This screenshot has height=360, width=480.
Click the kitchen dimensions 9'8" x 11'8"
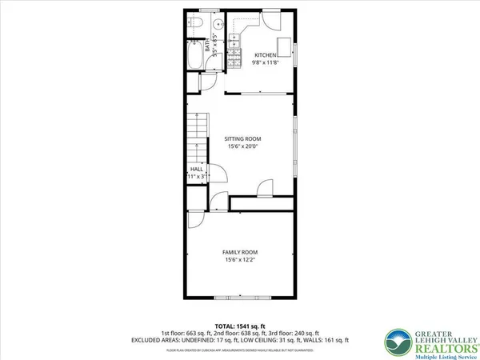266,62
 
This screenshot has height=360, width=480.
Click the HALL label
197,170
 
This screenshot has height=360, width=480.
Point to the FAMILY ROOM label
241,253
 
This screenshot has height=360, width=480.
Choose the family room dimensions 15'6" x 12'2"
241,260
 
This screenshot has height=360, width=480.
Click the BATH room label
208,45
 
